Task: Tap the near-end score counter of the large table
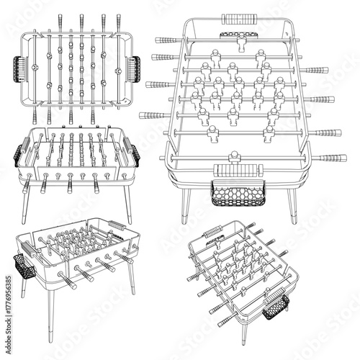click(x=232, y=171)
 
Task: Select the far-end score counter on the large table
click(x=235, y=17)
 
